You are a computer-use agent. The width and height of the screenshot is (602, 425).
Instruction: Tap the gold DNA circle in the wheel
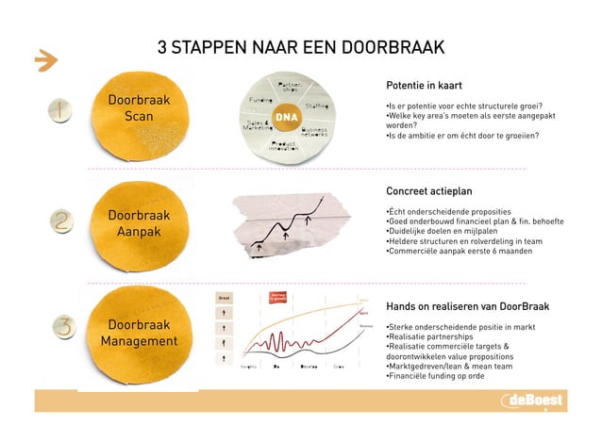(284, 117)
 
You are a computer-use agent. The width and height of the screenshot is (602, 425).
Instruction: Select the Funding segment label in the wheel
(261, 99)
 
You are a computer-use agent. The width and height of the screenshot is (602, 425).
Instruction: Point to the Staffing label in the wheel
(317, 106)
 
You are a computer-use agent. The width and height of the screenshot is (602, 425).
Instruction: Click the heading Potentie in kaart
(424, 86)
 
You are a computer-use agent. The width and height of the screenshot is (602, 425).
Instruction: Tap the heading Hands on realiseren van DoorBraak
(468, 307)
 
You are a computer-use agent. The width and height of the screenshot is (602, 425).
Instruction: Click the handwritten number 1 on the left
(60, 112)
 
